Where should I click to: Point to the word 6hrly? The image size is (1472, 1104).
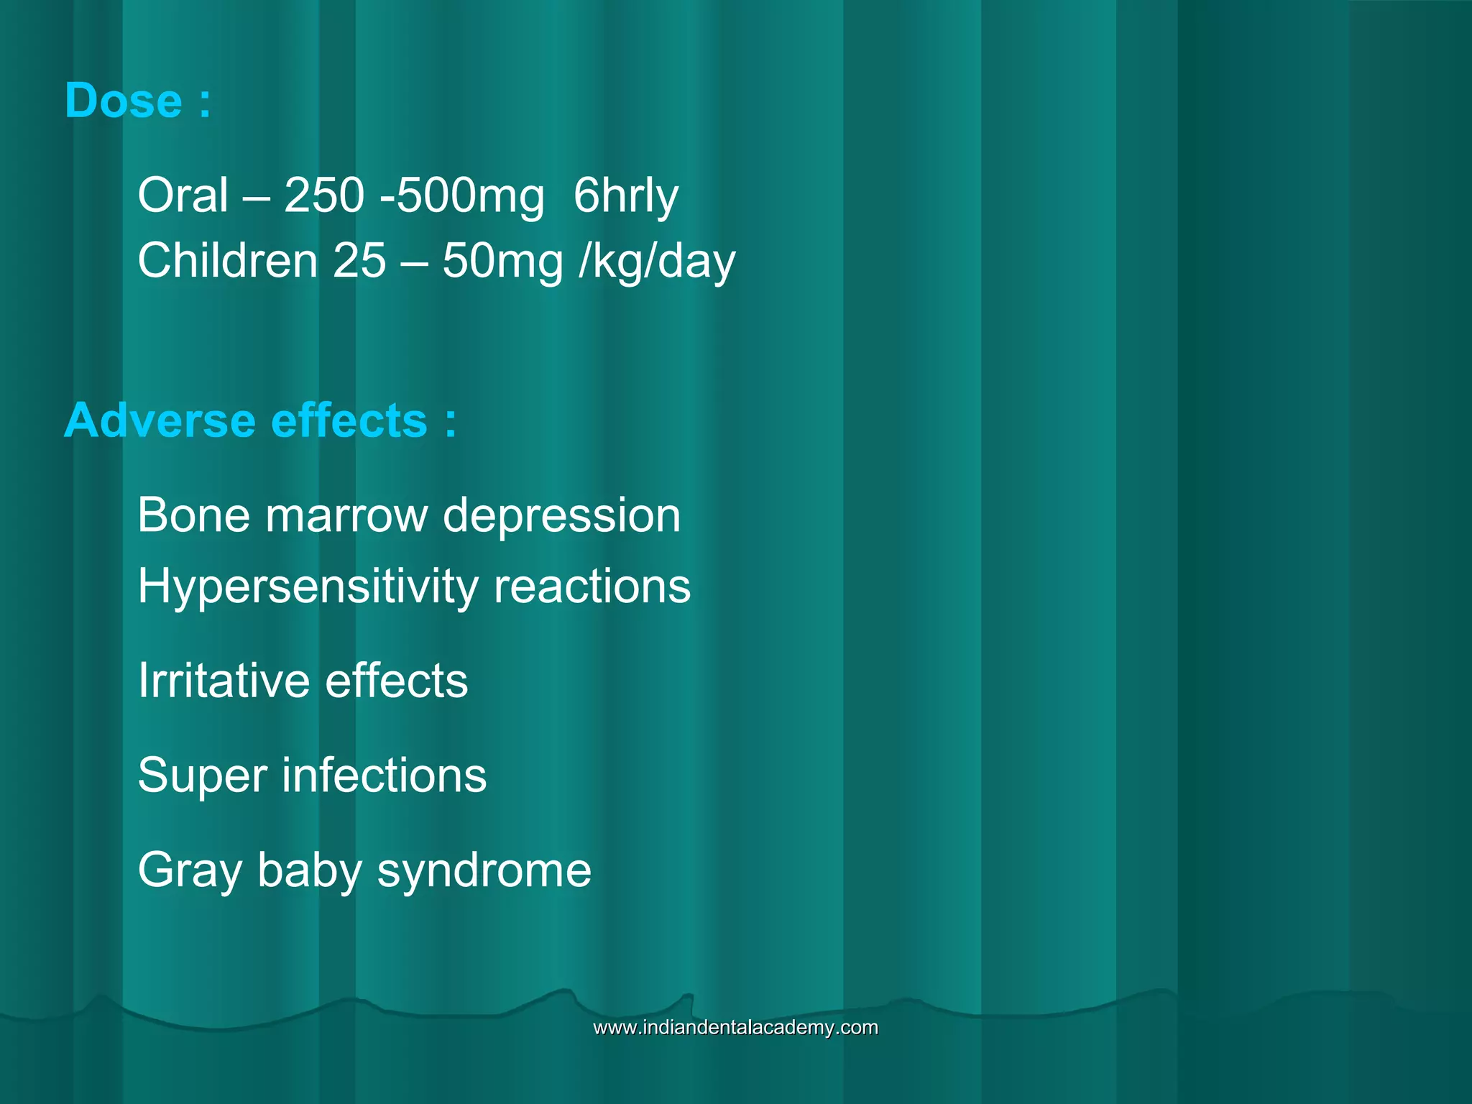[626, 196]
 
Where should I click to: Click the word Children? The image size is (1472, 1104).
[228, 260]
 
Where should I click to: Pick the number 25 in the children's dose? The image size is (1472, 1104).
[359, 260]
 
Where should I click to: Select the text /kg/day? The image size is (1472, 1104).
[657, 262]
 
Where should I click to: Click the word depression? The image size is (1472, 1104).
[561, 517]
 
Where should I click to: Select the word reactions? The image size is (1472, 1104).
[592, 586]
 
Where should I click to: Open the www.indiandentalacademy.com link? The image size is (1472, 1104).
[735, 1027]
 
